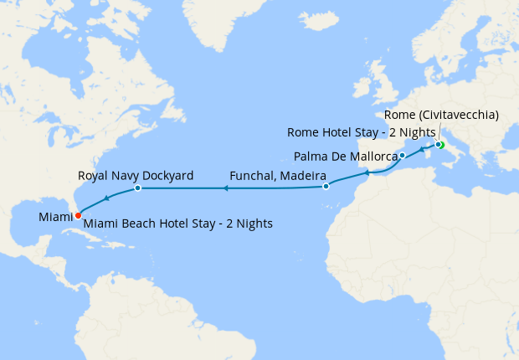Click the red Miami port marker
click(78, 215)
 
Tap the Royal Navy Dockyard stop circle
click(137, 188)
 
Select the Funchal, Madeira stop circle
click(326, 186)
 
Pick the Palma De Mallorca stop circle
click(403, 156)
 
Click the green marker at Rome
click(439, 145)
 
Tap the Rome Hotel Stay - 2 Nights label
click(361, 133)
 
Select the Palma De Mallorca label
click(345, 156)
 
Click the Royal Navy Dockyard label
click(136, 177)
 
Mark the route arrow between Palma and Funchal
click(367, 174)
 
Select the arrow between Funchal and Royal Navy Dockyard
click(225, 189)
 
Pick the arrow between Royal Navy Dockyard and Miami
click(106, 199)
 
